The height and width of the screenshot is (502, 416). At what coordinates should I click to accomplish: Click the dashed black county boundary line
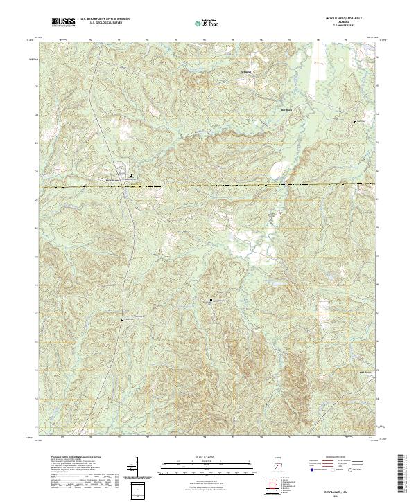pos(208,186)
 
